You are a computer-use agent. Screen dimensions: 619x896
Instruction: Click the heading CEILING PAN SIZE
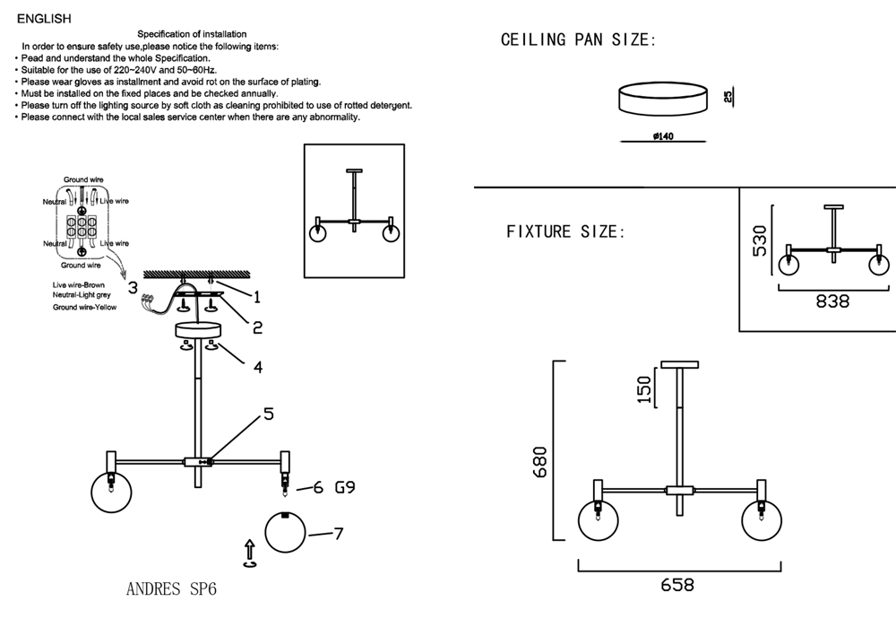click(x=579, y=40)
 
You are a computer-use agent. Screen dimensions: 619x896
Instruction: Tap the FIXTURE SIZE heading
click(x=565, y=232)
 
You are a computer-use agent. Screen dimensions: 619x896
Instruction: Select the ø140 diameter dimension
click(x=663, y=136)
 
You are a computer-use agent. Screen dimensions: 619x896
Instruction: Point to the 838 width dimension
click(x=832, y=302)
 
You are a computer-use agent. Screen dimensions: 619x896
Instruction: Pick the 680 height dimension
click(x=538, y=463)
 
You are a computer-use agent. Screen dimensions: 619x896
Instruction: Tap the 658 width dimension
click(x=677, y=586)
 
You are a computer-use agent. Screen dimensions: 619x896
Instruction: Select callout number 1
click(x=256, y=296)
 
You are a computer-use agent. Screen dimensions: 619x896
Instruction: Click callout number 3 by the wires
click(x=132, y=288)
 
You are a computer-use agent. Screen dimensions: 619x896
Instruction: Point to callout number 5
click(x=268, y=414)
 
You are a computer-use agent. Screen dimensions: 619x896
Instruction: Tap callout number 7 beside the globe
click(x=338, y=534)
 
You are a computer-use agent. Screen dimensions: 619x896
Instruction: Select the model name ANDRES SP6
click(x=171, y=590)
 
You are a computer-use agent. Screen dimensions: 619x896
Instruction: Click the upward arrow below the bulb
click(x=250, y=552)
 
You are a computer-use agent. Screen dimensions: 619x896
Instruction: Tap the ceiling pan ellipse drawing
click(x=662, y=98)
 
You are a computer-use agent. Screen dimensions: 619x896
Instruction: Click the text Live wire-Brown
click(x=79, y=284)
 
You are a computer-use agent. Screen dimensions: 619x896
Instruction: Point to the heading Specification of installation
click(x=192, y=34)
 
